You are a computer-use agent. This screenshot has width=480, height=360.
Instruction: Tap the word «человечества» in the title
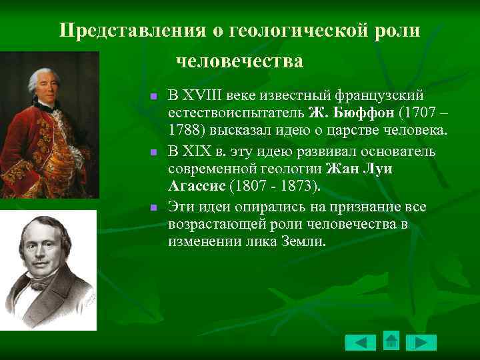(239, 61)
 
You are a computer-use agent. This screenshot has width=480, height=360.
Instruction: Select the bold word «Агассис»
(196, 185)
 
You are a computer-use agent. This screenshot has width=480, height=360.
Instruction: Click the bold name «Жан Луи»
(359, 168)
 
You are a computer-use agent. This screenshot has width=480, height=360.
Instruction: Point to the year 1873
(301, 185)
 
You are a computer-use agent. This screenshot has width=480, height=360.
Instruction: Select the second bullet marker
(153, 153)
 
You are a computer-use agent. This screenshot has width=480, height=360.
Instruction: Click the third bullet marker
(153, 208)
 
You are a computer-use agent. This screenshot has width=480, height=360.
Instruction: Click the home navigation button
(391, 341)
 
